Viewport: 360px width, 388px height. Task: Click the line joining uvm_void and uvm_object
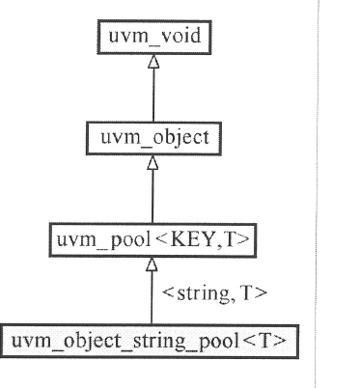[152, 97]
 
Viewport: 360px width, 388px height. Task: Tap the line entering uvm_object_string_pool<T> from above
[152, 299]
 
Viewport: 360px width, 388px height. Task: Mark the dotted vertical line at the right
[314, 193]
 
